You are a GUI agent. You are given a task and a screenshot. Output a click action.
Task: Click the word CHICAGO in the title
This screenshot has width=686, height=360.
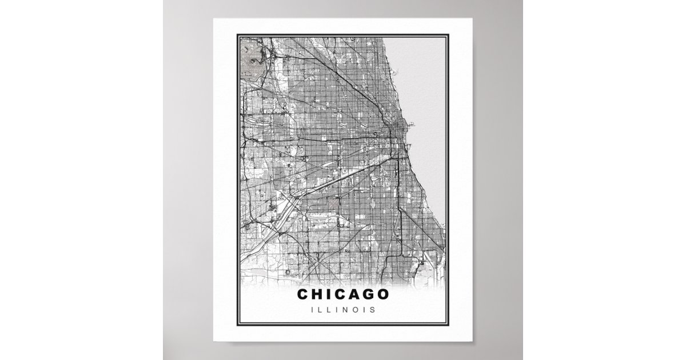point(342,294)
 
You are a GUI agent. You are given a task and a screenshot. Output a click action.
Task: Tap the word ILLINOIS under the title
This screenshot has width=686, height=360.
point(342,310)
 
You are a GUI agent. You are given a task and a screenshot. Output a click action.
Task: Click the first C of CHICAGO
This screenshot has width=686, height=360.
point(303,294)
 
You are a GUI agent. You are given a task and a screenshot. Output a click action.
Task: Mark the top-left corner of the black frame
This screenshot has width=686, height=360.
point(237,35)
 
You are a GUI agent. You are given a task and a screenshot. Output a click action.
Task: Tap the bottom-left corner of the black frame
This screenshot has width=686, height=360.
point(237,326)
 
